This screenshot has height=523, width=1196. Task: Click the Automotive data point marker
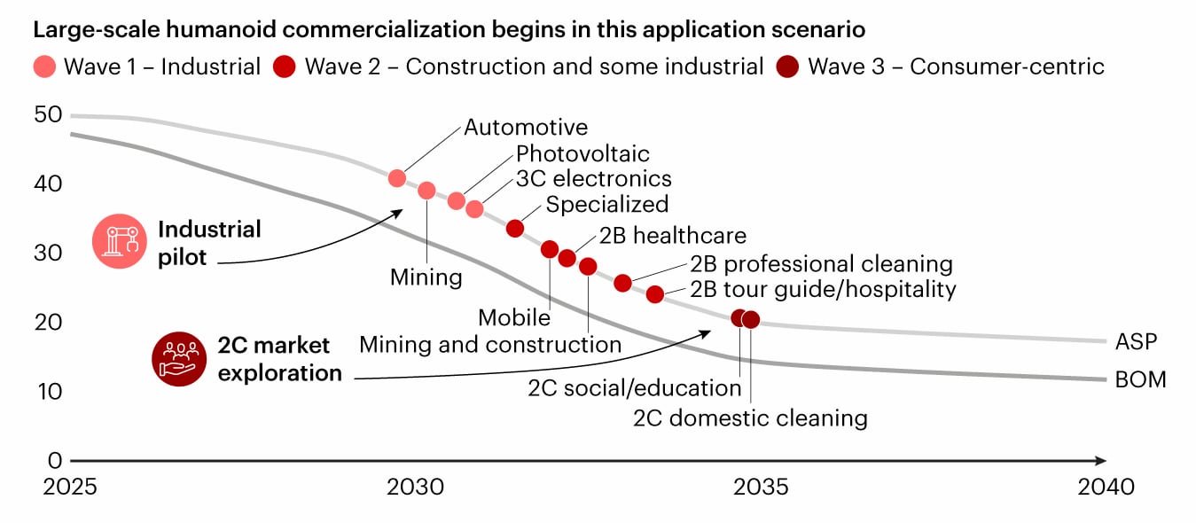397,178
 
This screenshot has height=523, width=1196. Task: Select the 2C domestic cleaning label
750,418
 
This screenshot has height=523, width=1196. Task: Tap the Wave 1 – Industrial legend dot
46,67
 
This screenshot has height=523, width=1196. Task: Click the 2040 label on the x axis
1105,487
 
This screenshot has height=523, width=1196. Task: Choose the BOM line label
1141,380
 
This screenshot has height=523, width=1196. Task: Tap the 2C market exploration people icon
179,358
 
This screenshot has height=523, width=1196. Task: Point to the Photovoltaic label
582,154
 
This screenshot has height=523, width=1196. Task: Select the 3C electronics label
594,179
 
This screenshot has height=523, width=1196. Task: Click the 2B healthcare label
672,236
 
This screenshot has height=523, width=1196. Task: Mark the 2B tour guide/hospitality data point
655,294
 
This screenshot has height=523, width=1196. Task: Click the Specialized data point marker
515,229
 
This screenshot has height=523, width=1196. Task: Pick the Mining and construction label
490,345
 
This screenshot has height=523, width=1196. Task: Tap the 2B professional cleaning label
821,264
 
